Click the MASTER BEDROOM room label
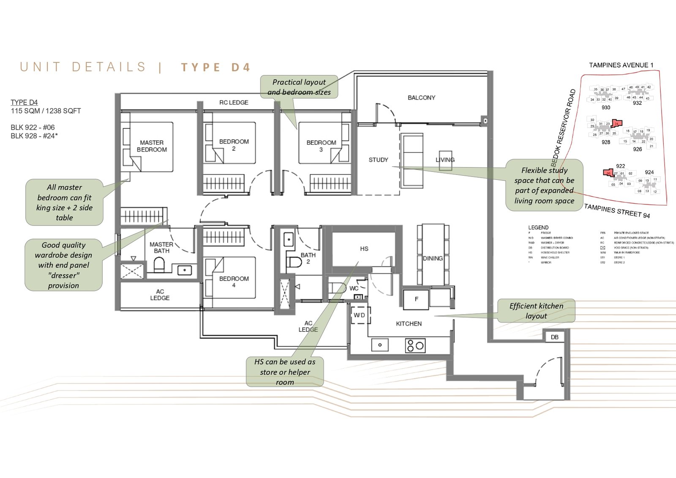(152, 146)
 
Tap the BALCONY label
(421, 98)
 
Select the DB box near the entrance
(554, 337)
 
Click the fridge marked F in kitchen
(416, 299)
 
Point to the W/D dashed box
(360, 315)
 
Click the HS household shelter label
(364, 249)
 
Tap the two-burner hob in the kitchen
(415, 345)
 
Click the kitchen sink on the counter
(380, 345)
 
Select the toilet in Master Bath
(159, 265)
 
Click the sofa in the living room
(412, 160)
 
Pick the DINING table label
(433, 258)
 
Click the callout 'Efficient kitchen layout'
(536, 311)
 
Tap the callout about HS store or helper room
(285, 372)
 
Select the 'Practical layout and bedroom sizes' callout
(299, 87)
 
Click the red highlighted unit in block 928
(617, 124)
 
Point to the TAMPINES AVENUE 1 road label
(621, 65)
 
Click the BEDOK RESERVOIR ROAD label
(563, 127)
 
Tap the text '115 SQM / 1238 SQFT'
(46, 111)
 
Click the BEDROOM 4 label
(234, 282)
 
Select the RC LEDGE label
(234, 103)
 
